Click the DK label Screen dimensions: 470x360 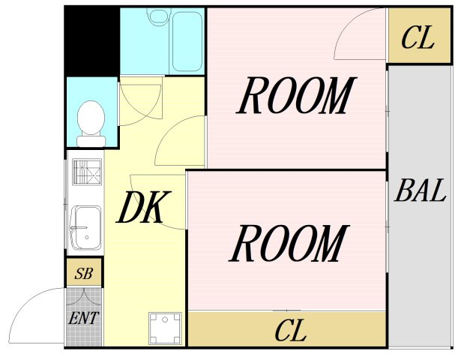coord(143,207)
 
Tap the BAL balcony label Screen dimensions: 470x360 coord(421,190)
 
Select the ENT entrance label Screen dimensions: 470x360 coord(83,319)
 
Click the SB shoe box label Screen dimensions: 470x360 coord(84,274)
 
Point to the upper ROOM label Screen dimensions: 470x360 coord(296,95)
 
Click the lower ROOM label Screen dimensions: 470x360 coord(289,243)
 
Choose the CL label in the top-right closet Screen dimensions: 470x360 coord(418,37)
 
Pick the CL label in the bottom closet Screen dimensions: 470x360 coord(291,330)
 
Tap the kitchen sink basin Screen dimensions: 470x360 coord(87,228)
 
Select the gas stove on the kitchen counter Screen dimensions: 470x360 coord(87,172)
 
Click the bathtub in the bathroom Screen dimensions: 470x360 coord(187,42)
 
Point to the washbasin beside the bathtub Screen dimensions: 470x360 coord(159,16)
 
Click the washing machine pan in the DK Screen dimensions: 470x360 coord(165,328)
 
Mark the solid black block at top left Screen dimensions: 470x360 coord(92,41)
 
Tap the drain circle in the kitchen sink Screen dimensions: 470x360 coord(87,237)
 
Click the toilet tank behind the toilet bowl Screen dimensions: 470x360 coord(91,141)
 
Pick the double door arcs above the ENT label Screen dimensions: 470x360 coord(84,296)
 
